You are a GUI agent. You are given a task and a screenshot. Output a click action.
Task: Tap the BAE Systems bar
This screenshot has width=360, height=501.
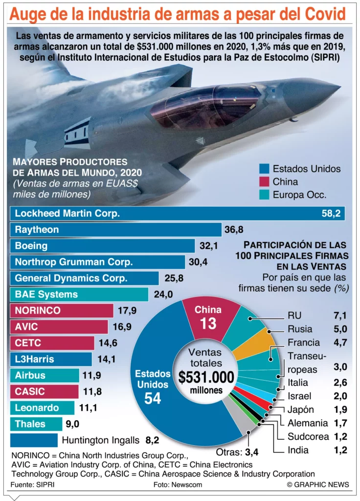[x=78, y=295]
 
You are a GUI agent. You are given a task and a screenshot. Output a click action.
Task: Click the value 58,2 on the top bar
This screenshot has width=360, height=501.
[x=331, y=214]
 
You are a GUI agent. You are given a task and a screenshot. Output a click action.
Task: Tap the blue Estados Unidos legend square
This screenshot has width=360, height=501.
[x=265, y=169]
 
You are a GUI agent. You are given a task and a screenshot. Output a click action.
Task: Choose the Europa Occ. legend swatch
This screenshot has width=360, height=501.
[x=265, y=194]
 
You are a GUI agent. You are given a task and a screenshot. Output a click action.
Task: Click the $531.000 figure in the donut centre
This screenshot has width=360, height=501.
[x=206, y=377]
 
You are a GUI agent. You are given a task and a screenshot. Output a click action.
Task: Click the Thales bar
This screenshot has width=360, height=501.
[x=35, y=424]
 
